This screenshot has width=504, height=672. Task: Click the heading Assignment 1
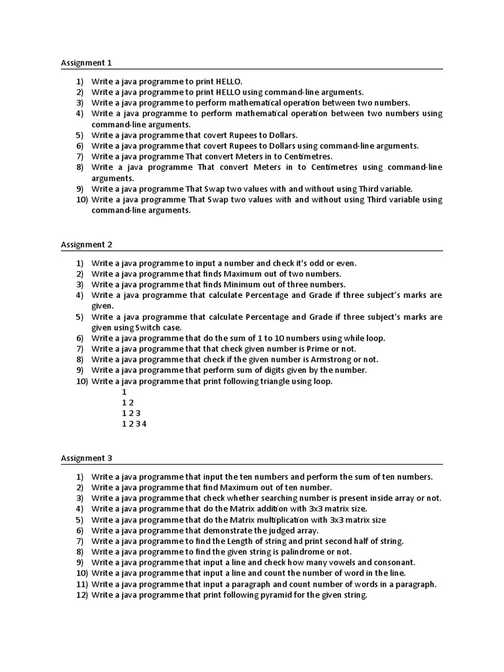(87, 63)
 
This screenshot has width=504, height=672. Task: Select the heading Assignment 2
(87, 245)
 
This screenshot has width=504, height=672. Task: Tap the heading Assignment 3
(87, 458)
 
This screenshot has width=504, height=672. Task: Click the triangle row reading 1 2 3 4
(135, 424)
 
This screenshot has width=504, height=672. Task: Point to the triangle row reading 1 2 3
(131, 413)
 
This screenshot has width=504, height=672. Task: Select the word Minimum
(242, 285)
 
